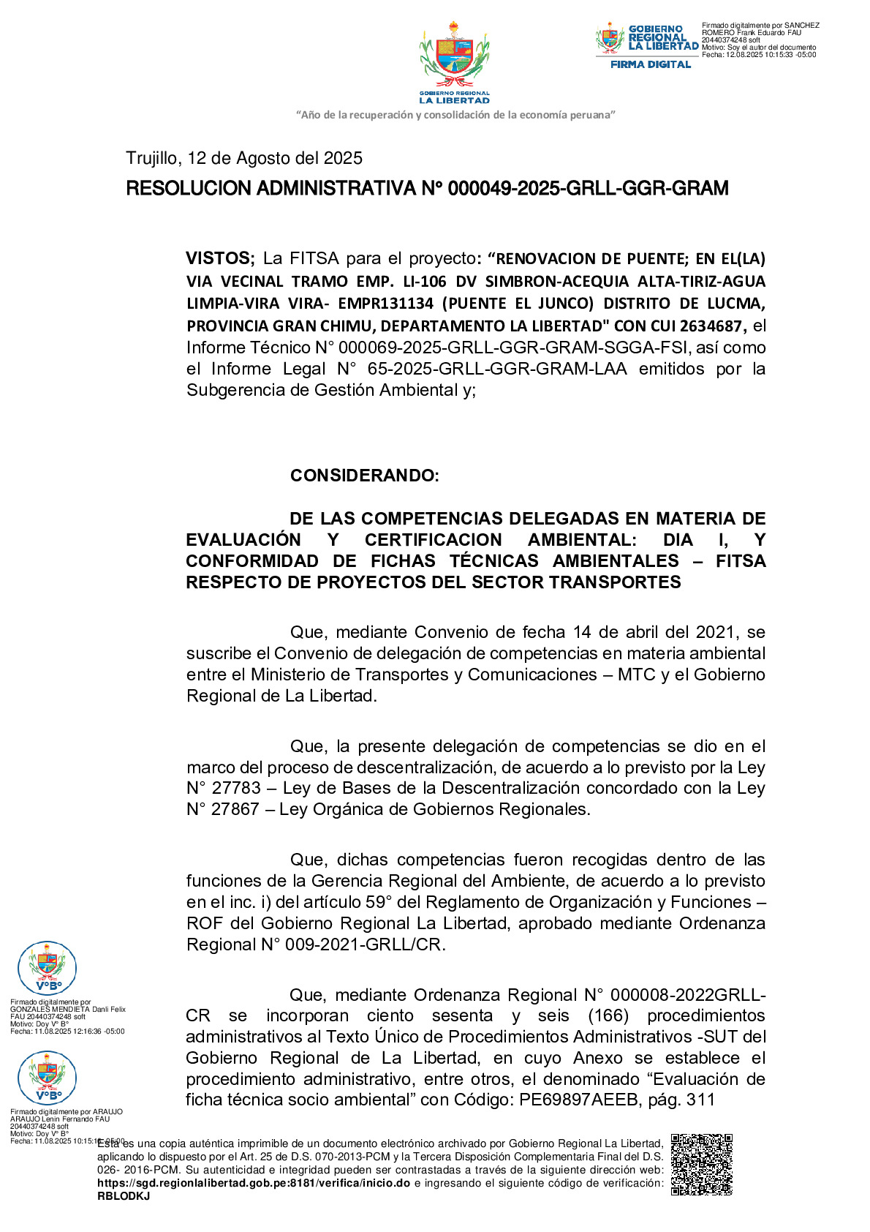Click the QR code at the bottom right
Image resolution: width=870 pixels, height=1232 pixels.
[x=701, y=1165]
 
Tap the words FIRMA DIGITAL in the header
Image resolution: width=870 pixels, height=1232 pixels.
[x=650, y=64]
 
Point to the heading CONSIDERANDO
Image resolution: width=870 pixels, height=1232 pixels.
[x=364, y=476]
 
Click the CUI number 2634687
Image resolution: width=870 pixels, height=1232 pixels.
[x=711, y=326]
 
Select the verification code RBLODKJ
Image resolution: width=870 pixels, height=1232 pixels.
[x=124, y=1196]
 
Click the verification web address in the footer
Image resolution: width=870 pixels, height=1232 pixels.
[x=254, y=1183]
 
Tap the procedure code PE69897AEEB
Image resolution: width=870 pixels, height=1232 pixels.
[x=578, y=1100]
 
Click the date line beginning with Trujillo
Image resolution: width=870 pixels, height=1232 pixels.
[x=244, y=158]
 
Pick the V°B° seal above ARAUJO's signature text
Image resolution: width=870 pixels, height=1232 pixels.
[x=47, y=1078]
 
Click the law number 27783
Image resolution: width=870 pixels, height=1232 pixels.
[x=235, y=788]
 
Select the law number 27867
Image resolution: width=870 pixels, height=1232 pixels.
[x=235, y=809]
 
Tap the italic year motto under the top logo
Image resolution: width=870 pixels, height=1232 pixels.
[x=455, y=115]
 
